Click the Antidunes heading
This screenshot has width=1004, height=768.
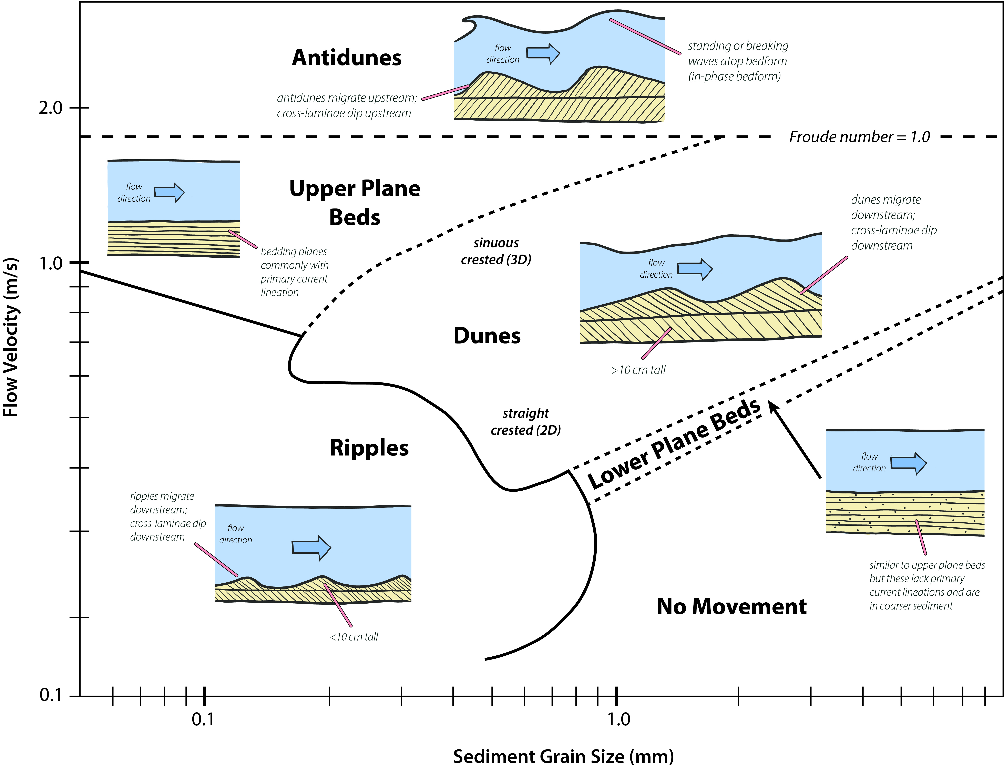point(347,58)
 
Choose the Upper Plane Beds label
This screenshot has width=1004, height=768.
point(355,203)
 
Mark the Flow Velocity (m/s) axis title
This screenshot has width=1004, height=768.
point(11,337)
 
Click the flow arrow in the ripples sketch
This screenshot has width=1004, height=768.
point(311,547)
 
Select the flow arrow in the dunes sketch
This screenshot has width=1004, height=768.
point(694,269)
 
